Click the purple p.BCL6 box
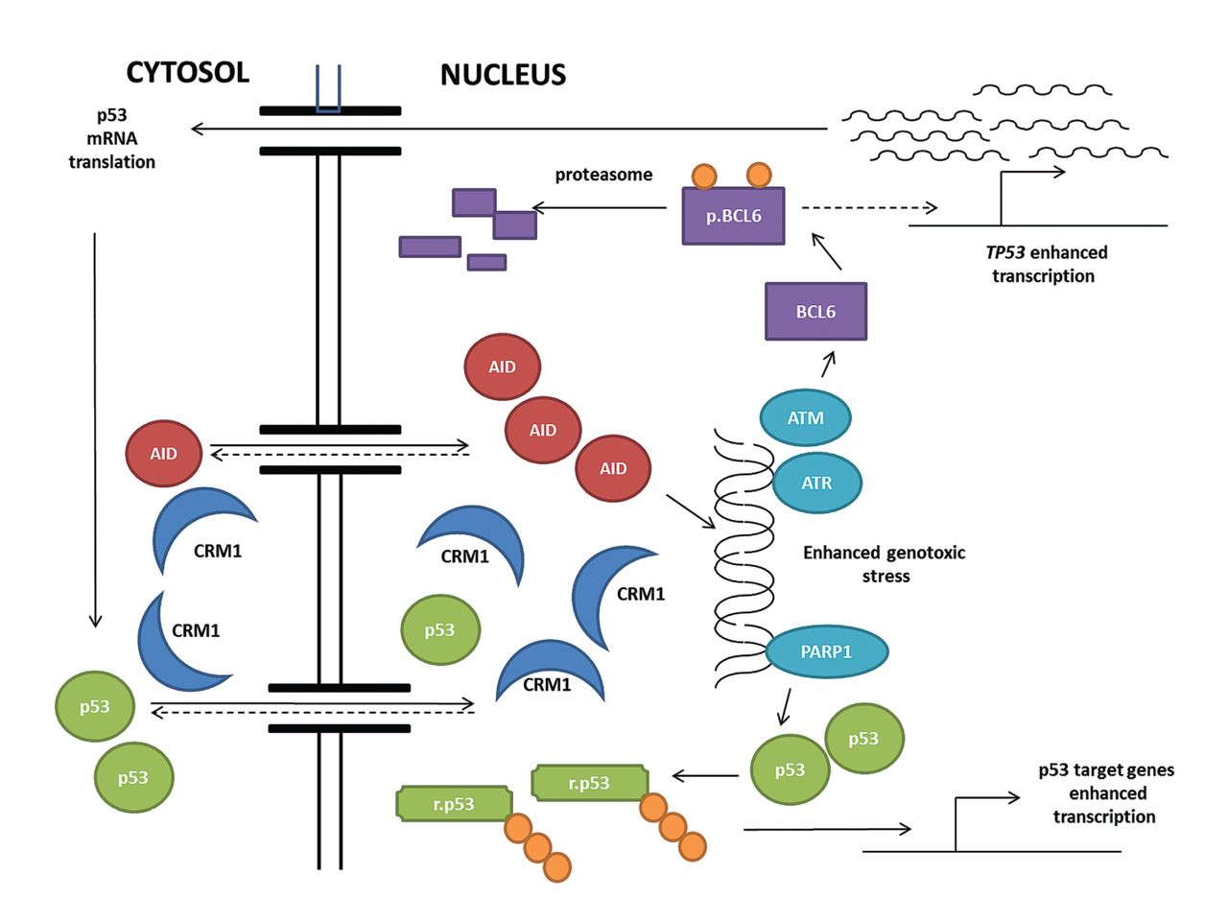click(x=733, y=215)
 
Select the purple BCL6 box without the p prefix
click(x=815, y=311)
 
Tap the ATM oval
click(x=805, y=417)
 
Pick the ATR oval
click(x=816, y=482)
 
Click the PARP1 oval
click(x=826, y=652)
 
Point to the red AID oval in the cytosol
click(x=164, y=452)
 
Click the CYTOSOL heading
click(x=188, y=72)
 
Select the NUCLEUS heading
click(x=503, y=75)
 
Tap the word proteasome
click(x=603, y=175)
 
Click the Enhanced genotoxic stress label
click(x=884, y=564)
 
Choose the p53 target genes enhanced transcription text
click(x=1105, y=793)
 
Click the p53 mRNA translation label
click(x=111, y=139)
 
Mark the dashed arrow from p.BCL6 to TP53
click(x=868, y=207)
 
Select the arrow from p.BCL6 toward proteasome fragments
click(x=600, y=207)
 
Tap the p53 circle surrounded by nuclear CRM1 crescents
click(x=440, y=630)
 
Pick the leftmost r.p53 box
click(x=454, y=804)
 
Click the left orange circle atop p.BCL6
click(x=704, y=177)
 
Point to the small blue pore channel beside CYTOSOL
click(x=329, y=89)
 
